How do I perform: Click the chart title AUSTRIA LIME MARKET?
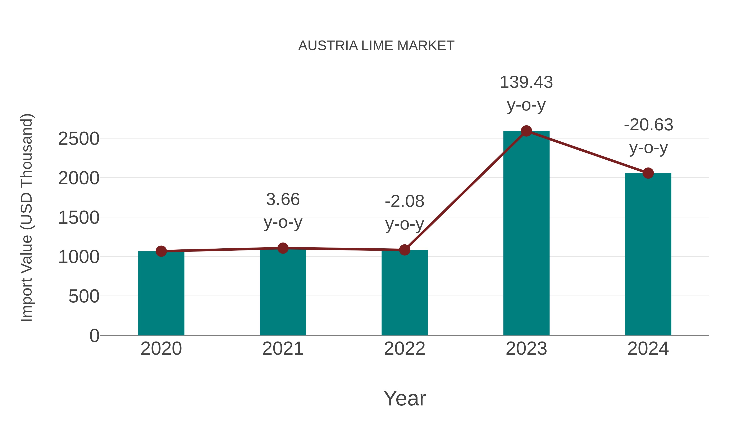point(376,46)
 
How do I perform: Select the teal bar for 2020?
point(161,293)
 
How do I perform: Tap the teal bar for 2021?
point(283,292)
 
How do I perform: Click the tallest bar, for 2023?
point(526,234)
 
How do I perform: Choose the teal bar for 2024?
point(648,254)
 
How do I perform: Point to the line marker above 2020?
point(161,251)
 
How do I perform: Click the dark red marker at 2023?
point(526,131)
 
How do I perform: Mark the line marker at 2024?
point(648,173)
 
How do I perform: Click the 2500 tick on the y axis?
point(79,139)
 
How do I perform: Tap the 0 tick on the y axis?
point(94,336)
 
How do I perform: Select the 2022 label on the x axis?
point(405,349)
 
